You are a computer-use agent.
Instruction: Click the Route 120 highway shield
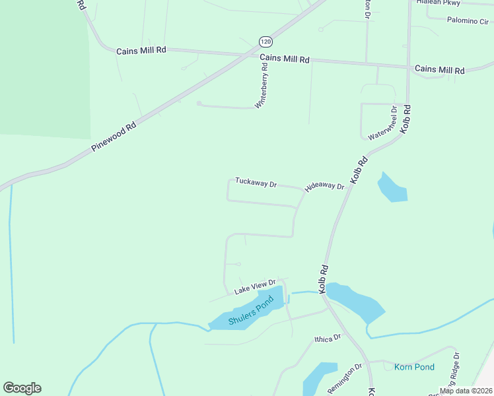[265, 41]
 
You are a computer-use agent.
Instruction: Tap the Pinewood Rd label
[114, 135]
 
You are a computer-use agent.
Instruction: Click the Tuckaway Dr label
[256, 183]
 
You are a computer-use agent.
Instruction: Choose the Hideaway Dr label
[325, 187]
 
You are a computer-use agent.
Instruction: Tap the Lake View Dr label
[254, 286]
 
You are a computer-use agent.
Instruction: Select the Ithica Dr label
[327, 339]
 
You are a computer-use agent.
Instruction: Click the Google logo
[22, 388]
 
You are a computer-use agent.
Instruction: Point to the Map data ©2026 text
[466, 391]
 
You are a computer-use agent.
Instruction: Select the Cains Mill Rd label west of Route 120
[141, 51]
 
